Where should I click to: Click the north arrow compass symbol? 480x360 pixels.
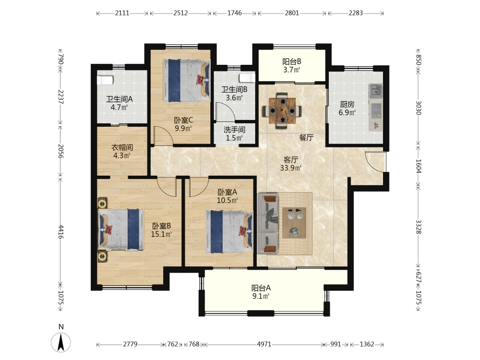61,342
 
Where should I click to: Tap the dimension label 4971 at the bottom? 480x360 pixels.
264,344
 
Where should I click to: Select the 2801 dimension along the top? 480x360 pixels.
292,13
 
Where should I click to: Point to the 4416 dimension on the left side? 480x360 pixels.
60,232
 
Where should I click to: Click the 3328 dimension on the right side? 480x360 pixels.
419,227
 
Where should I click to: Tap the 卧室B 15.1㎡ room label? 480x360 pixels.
161,230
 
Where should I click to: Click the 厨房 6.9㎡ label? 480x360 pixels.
347,108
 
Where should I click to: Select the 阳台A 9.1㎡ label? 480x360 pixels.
261,292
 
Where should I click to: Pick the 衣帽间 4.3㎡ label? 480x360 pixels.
122,151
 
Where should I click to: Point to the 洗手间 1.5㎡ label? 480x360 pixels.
234,134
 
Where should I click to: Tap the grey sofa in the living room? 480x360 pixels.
268,224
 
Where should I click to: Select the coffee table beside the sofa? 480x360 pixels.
294,223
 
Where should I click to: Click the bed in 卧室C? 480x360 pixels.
186,81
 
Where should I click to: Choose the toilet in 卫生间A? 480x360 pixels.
105,80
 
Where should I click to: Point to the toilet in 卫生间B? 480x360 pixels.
247,78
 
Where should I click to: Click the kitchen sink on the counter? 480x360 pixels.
375,91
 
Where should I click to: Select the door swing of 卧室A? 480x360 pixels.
199,187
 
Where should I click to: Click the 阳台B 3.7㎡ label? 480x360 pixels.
291,65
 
